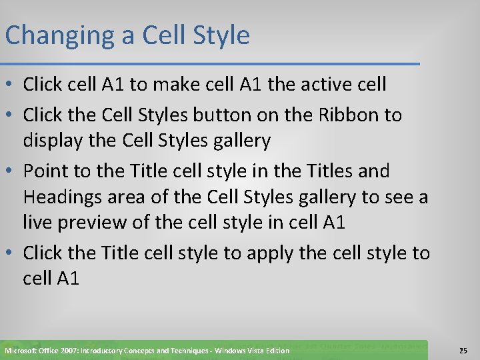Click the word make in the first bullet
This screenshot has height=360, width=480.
175,85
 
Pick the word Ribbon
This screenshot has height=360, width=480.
343,115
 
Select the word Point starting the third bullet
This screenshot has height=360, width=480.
47,171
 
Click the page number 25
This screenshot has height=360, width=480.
463,350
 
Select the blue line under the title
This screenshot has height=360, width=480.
210,64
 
